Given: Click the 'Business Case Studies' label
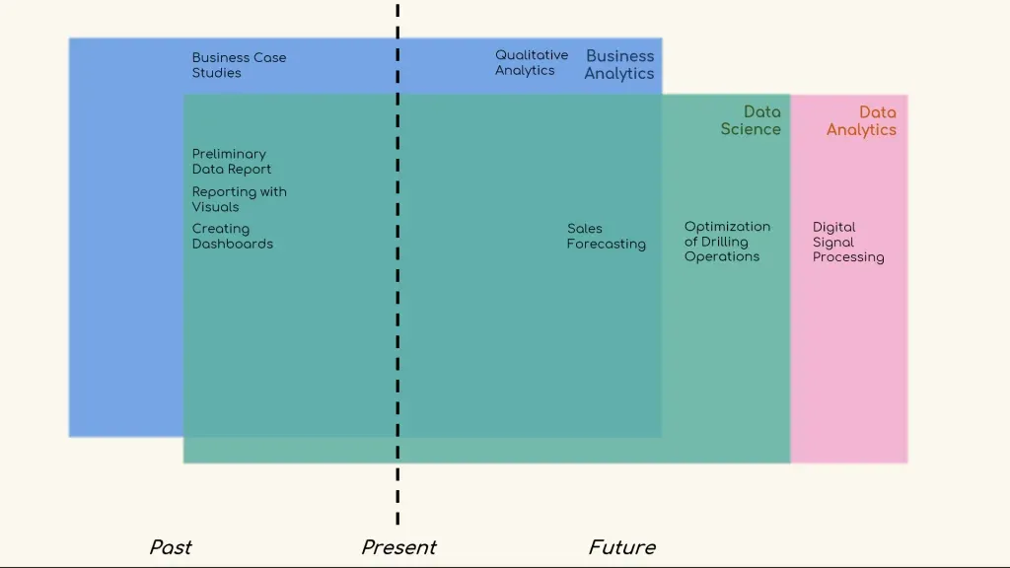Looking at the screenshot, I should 239,65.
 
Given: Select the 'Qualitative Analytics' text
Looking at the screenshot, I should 531,63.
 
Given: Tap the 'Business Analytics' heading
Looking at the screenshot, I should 619,65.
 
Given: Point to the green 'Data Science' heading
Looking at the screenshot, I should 751,120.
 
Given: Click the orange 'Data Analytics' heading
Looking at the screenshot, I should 861,121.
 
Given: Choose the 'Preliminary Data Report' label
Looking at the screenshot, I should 231,162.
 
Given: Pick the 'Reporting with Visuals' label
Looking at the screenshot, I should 239,199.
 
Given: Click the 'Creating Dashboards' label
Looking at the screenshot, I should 232,237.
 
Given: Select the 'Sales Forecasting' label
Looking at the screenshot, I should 606,237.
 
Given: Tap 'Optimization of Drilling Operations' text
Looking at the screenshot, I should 727,242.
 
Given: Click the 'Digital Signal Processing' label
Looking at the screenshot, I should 847,243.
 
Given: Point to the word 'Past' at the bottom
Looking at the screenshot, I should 171,547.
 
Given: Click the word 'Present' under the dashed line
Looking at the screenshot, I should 398,547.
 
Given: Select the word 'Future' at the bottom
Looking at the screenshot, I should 621,547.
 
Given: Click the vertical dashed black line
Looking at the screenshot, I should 397,296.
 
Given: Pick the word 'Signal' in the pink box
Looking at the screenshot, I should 833,243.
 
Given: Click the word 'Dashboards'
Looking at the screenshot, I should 232,245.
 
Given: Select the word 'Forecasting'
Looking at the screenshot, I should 606,245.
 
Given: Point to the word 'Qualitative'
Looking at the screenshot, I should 532,55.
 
